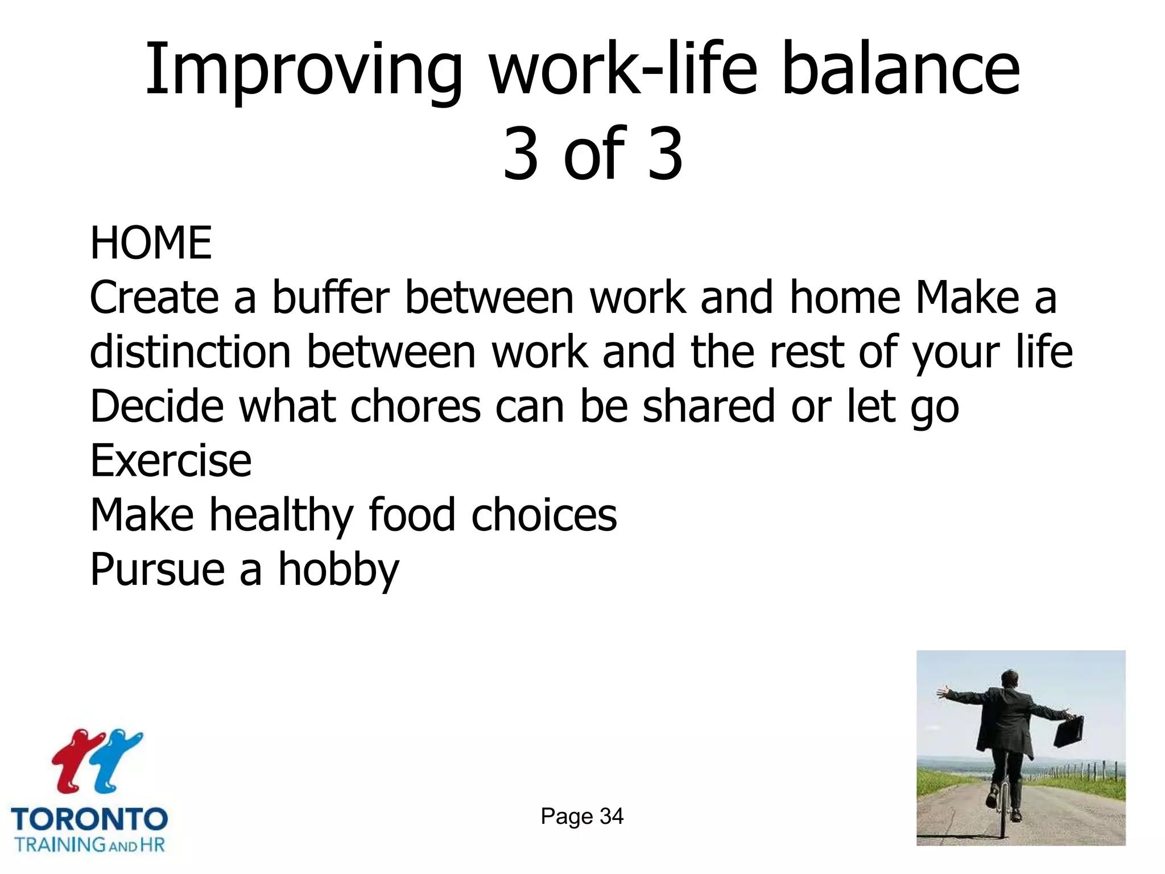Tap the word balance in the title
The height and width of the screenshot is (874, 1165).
tap(901, 71)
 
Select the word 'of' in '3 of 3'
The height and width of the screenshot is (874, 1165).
tap(594, 154)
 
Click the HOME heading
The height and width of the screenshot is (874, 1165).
tap(151, 243)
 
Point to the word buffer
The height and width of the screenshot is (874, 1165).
tap(331, 298)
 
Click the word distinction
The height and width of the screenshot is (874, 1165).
tap(191, 352)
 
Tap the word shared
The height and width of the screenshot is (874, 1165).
tap(709, 406)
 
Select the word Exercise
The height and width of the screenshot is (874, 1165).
tap(171, 460)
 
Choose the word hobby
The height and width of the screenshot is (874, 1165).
tap(338, 570)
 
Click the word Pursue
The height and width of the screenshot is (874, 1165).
tap(158, 570)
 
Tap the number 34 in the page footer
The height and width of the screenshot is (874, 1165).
tap(612, 817)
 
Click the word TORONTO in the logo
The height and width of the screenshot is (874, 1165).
tap(89, 820)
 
